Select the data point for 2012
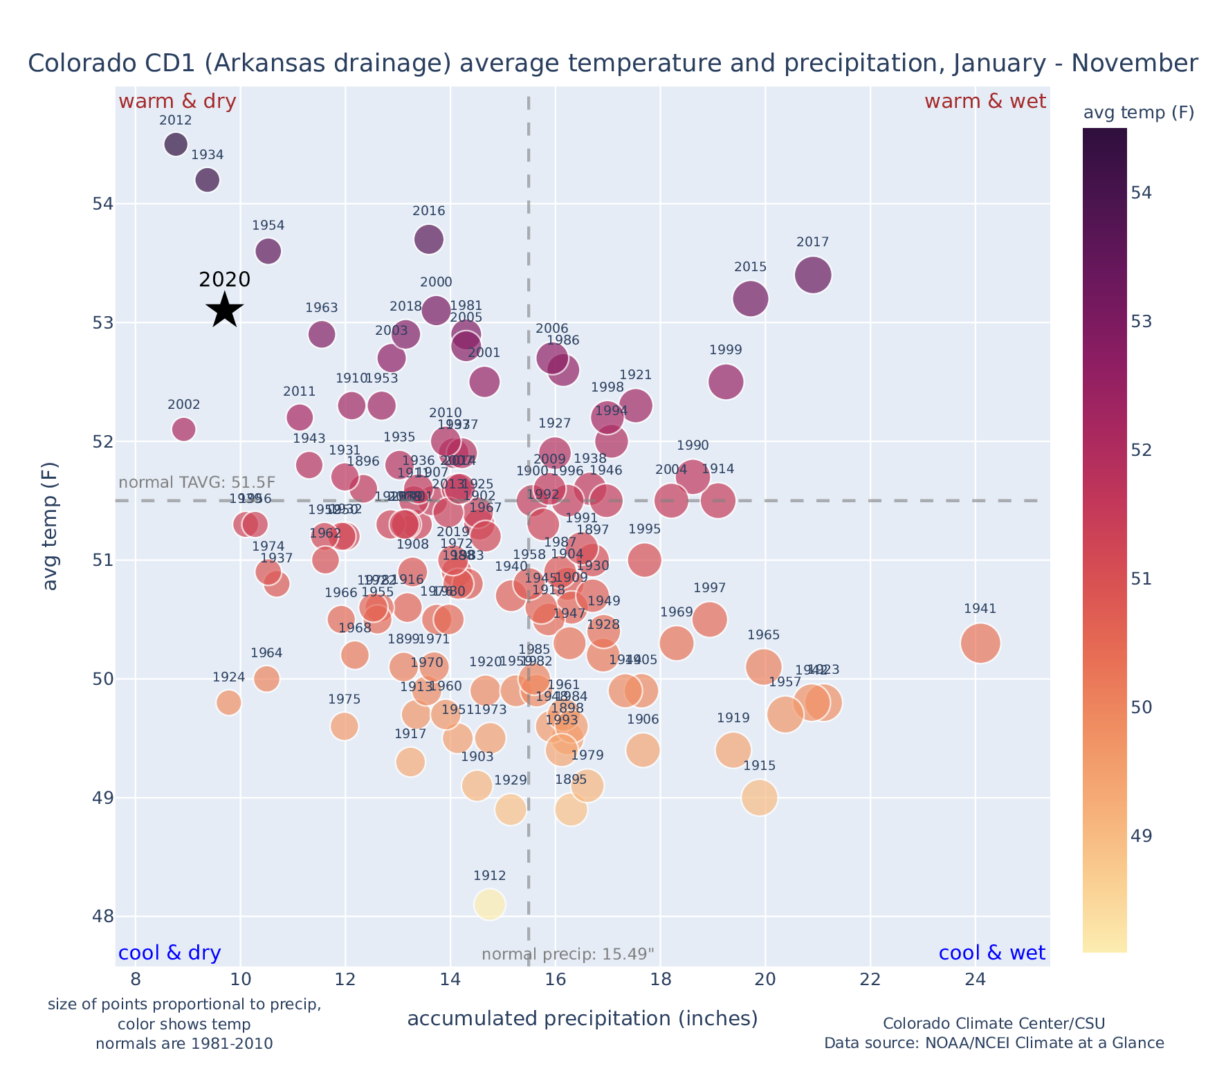[176, 145]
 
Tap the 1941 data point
[980, 643]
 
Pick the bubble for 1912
[489, 904]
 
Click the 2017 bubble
[813, 275]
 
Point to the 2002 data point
[183, 429]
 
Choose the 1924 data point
[228, 702]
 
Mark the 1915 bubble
[759, 798]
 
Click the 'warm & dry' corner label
[177, 102]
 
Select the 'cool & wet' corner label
[991, 953]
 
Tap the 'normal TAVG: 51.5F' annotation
[197, 482]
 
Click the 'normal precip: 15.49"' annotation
[567, 955]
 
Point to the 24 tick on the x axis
[975, 980]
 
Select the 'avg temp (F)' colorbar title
[1138, 113]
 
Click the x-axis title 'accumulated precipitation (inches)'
[583, 1018]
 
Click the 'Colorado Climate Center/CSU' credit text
[994, 1023]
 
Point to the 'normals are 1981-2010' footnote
[184, 1043]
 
